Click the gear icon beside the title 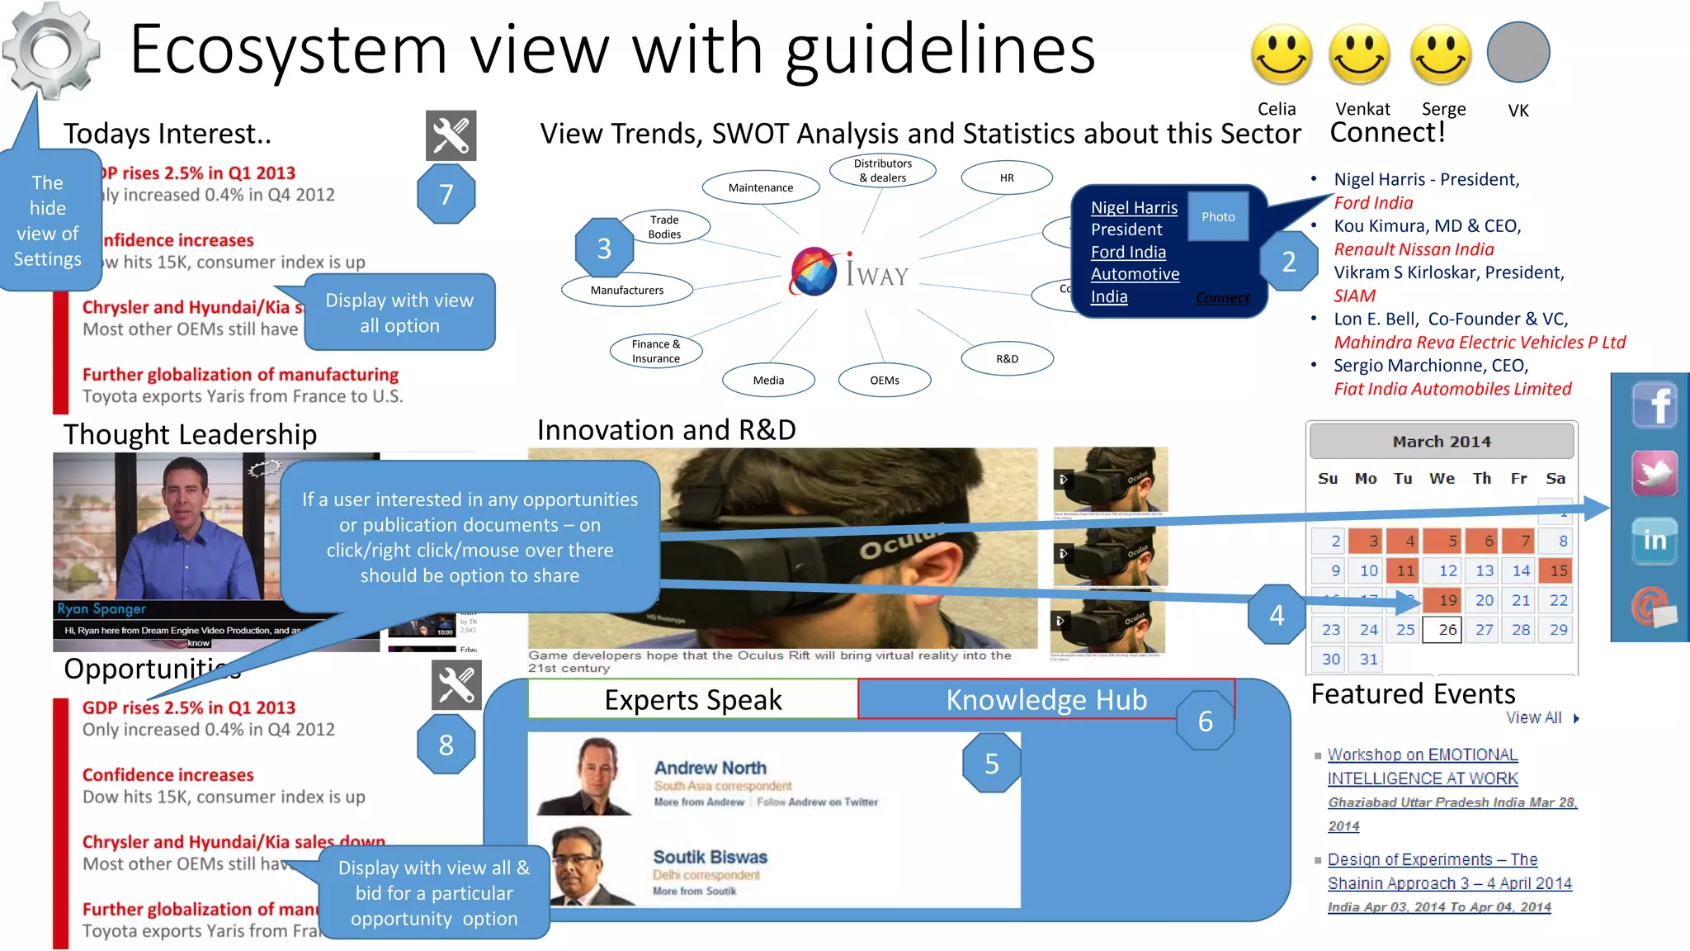click(x=51, y=50)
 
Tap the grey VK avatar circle click(x=1518, y=52)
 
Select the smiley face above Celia click(x=1281, y=54)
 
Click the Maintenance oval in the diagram click(x=760, y=187)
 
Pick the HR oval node click(x=1007, y=177)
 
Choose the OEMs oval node click(x=884, y=380)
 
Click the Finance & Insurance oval click(x=656, y=351)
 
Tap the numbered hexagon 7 click(x=446, y=194)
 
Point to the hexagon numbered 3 click(x=604, y=248)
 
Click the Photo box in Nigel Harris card click(x=1218, y=216)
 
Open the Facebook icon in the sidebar click(x=1655, y=405)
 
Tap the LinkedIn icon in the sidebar click(x=1655, y=540)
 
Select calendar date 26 click(x=1447, y=629)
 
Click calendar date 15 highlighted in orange click(x=1558, y=570)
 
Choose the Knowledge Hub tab click(x=1046, y=699)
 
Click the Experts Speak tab click(x=692, y=699)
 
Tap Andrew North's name click(x=710, y=768)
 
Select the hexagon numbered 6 click(x=1205, y=721)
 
